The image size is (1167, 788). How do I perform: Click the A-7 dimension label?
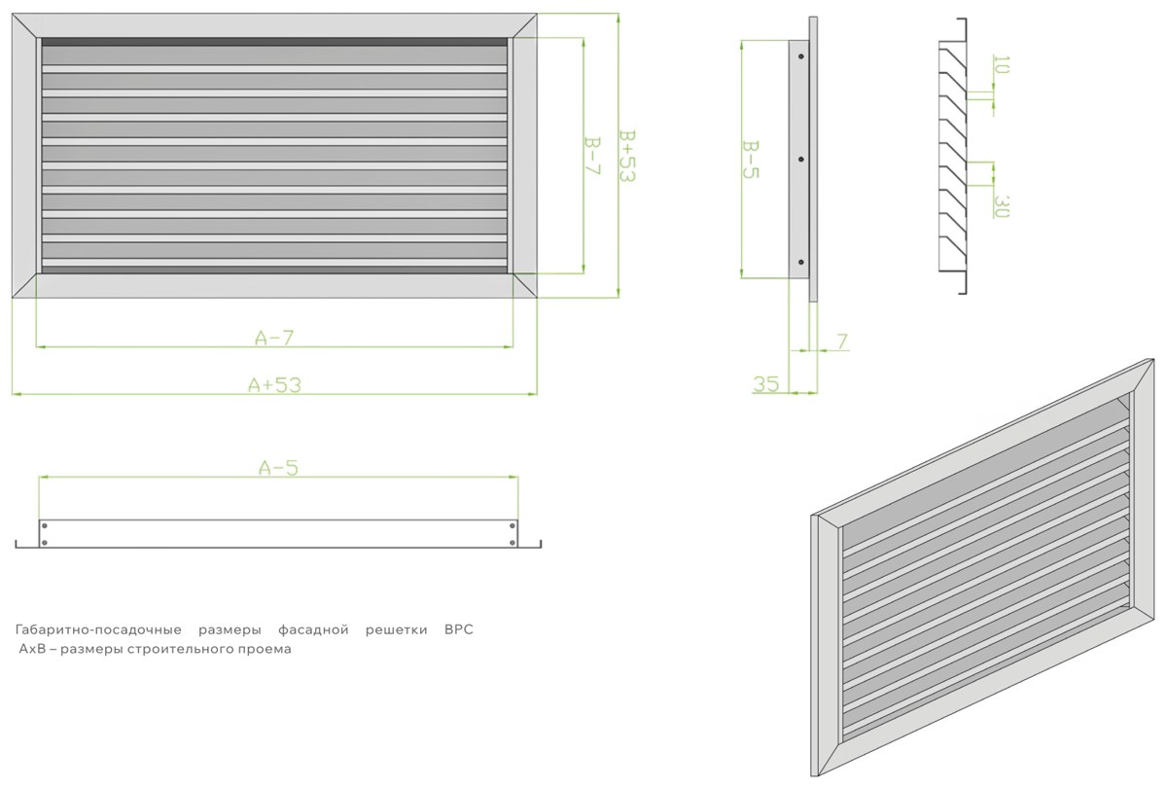[x=274, y=339]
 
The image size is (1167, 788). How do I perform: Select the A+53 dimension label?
[x=274, y=385]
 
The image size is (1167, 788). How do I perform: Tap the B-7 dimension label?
[x=592, y=156]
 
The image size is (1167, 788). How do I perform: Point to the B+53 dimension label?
[x=627, y=156]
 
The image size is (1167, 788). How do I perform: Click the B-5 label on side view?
[x=750, y=160]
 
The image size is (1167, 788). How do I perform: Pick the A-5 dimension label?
[x=279, y=468]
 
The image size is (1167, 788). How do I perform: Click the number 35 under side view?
[x=766, y=384]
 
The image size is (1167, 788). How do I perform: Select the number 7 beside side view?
[x=842, y=341]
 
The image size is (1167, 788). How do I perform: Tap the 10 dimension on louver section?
[x=1002, y=64]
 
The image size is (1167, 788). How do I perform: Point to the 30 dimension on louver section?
[x=1002, y=206]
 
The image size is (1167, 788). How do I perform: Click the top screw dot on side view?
[x=801, y=56]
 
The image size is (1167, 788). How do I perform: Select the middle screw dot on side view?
[x=801, y=160]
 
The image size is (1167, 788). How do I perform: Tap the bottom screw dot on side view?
[x=801, y=262]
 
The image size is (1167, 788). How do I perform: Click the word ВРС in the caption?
[x=458, y=630]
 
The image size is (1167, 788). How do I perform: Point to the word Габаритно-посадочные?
[x=98, y=630]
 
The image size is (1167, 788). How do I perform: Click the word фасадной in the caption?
[x=313, y=630]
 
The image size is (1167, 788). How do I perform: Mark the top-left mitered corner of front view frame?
[x=12, y=14]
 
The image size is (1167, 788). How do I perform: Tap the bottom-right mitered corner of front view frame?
[x=537, y=298]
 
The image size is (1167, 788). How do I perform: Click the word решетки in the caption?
[x=397, y=630]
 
